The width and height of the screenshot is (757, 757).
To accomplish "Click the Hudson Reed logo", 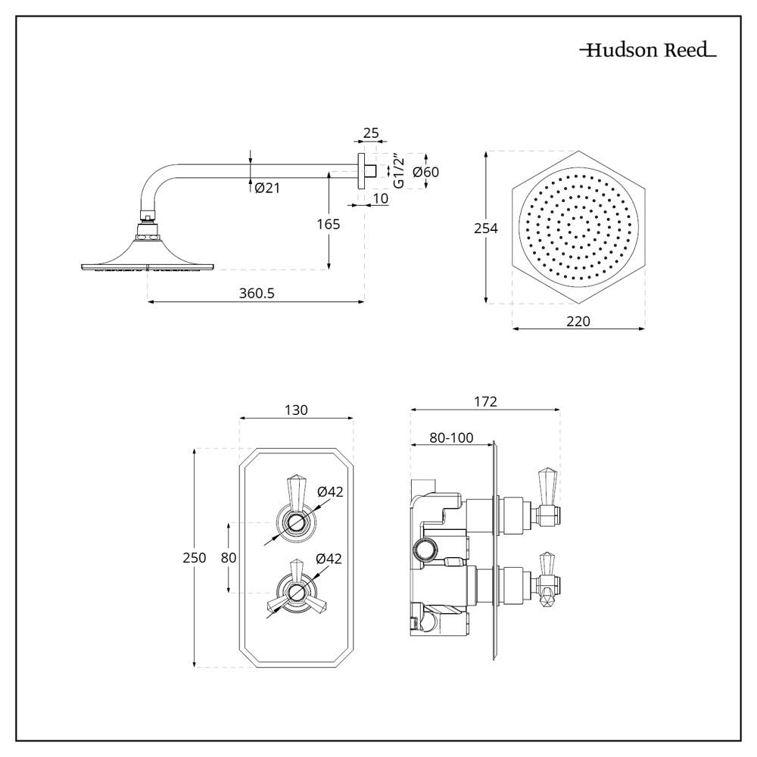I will [647, 51].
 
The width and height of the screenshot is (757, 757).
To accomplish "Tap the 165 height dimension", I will [328, 224].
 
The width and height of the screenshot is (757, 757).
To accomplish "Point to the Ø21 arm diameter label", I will [267, 188].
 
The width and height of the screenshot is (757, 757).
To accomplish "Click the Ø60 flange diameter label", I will [425, 172].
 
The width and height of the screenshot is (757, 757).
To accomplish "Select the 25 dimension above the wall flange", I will [371, 133].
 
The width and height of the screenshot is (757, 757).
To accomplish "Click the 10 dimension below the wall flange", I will [381, 198].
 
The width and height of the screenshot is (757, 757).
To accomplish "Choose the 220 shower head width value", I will [578, 321].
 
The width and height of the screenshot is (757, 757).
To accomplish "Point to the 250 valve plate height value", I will [195, 558].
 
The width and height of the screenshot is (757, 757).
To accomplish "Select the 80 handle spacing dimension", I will [229, 558].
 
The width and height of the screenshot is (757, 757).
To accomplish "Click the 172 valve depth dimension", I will [485, 402].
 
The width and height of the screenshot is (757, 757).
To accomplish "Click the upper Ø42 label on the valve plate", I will [330, 491].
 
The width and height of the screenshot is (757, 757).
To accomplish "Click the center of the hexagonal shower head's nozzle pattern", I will [579, 228].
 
